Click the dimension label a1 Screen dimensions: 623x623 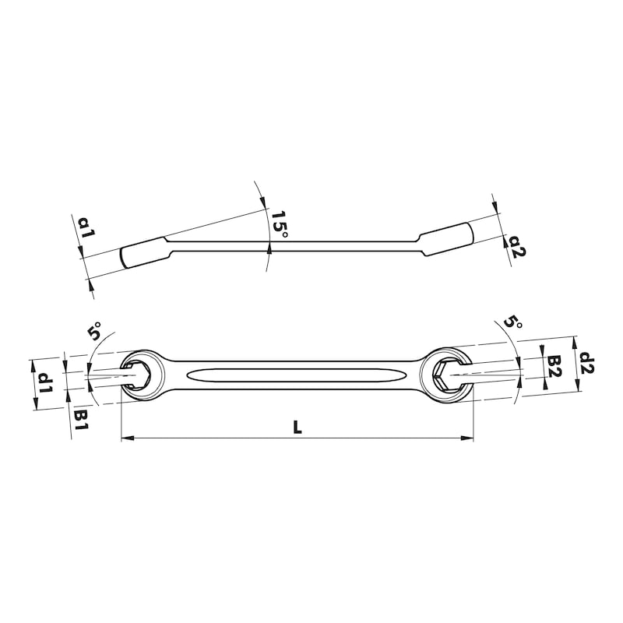pos(86,227)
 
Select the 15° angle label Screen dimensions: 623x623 pos(280,224)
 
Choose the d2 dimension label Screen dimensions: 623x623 pos(587,364)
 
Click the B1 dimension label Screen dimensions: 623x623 pos(82,421)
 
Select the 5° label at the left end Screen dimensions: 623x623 pos(94,331)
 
